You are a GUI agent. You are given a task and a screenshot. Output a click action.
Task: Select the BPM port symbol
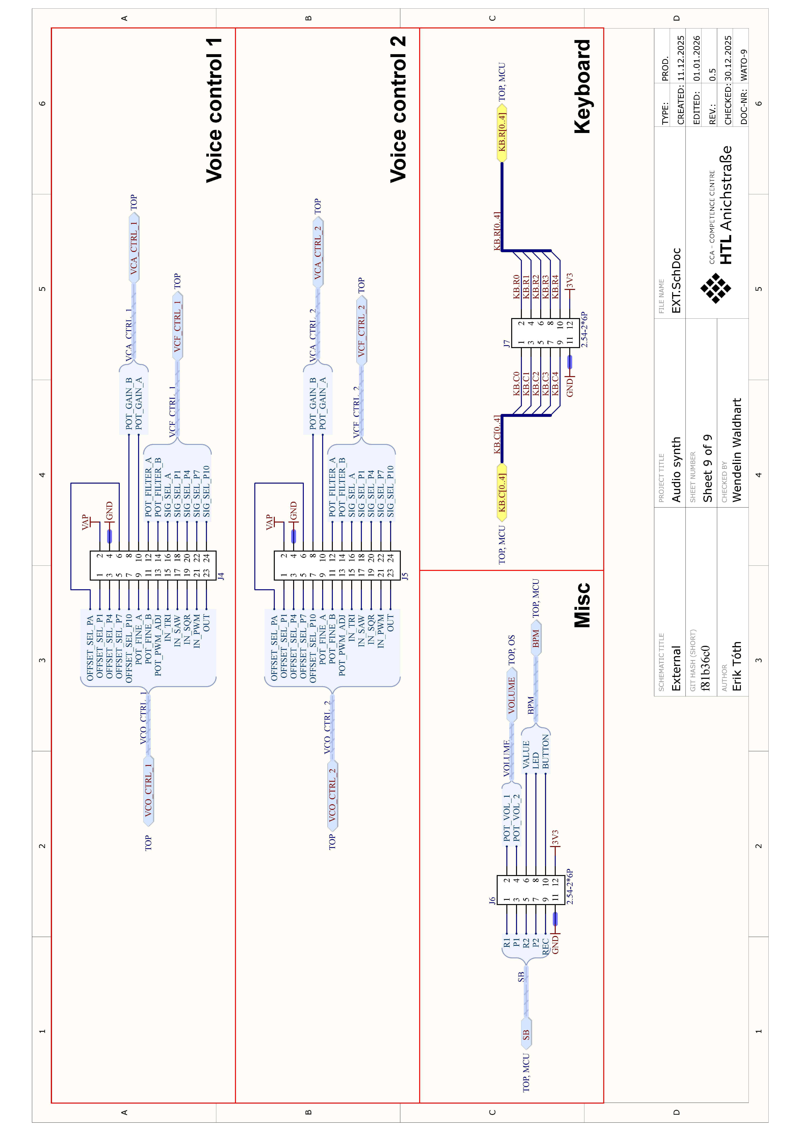tap(536, 638)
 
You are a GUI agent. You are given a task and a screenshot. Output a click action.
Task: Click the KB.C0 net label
tap(516, 384)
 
